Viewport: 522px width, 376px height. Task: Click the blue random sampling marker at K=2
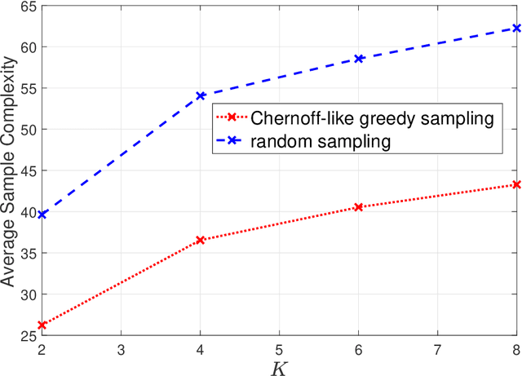(x=42, y=215)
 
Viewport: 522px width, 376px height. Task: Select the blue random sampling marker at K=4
(x=200, y=95)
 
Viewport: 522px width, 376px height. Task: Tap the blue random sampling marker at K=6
(x=358, y=59)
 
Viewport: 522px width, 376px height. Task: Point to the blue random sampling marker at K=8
(x=515, y=28)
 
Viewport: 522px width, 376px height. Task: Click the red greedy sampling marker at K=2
(x=42, y=325)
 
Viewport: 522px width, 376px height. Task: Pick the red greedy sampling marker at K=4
(x=200, y=240)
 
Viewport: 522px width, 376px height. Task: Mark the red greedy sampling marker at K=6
(x=358, y=207)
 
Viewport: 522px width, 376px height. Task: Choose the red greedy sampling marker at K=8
(x=515, y=184)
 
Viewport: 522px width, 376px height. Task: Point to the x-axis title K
(x=279, y=366)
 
